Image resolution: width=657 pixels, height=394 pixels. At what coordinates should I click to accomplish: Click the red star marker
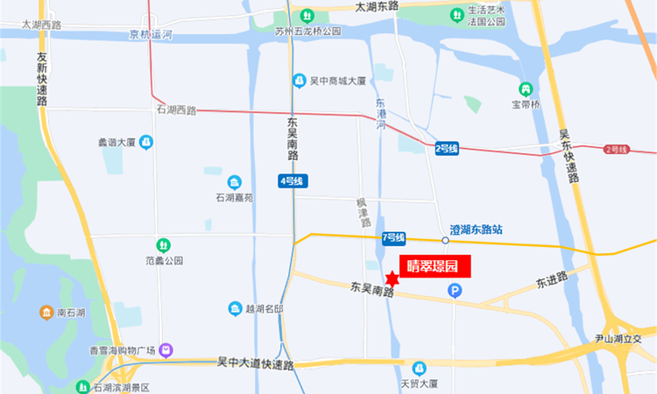point(392,279)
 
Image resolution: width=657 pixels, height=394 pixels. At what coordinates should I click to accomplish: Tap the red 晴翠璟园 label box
point(435,266)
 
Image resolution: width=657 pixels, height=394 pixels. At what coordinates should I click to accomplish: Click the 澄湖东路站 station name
point(477,230)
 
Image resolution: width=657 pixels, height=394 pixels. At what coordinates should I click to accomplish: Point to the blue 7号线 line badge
point(393,237)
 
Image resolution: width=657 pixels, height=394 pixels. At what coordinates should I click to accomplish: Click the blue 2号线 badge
point(447,149)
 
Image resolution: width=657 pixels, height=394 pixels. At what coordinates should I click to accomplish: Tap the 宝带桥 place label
point(527,105)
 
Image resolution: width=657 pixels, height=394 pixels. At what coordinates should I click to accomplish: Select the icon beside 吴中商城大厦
point(300,81)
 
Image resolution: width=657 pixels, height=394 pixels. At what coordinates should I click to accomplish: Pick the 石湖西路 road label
point(176,110)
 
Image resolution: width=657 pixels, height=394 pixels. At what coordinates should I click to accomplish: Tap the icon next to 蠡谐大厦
point(145,141)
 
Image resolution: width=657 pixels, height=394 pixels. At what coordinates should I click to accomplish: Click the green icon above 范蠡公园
point(163,245)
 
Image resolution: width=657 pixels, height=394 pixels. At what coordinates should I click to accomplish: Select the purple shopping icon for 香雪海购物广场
point(166,351)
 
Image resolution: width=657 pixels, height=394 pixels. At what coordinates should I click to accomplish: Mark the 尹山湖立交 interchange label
point(625,338)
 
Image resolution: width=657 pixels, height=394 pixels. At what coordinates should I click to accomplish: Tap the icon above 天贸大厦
point(420,368)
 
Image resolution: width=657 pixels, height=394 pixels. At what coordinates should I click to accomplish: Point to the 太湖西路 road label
point(41,25)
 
